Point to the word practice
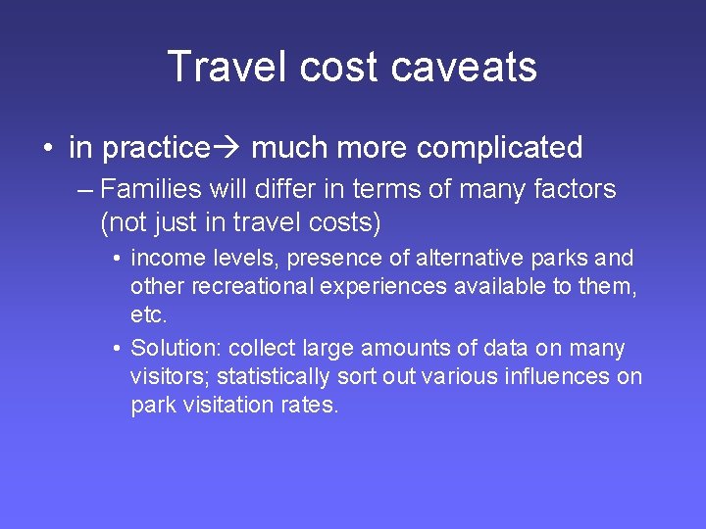pos(156,148)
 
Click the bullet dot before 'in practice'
pos(47,149)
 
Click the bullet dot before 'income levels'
pos(116,260)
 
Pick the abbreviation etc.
pos(149,314)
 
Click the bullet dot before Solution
pos(116,350)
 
